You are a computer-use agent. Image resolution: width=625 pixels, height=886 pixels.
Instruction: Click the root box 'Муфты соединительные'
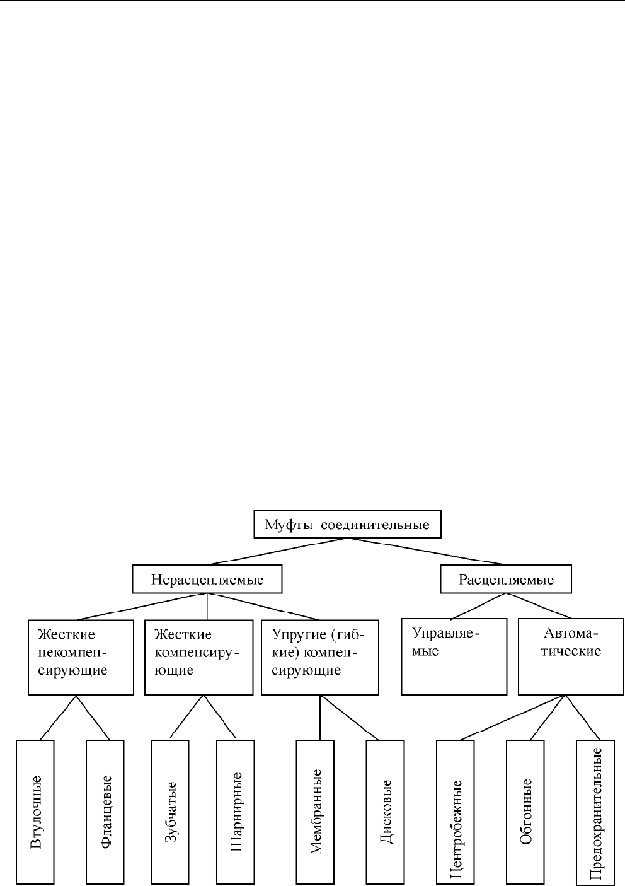pyautogui.click(x=347, y=524)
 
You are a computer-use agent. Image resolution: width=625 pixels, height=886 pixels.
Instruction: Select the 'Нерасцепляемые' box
pyautogui.click(x=207, y=579)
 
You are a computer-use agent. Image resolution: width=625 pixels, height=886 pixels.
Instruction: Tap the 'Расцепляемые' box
pyautogui.click(x=506, y=579)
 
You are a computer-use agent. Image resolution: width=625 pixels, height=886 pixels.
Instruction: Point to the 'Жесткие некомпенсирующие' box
pyautogui.click(x=81, y=657)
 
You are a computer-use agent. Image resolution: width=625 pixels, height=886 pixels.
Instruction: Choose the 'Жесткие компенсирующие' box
pyautogui.click(x=198, y=657)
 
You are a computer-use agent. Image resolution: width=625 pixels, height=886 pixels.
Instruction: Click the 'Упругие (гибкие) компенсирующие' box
pyautogui.click(x=319, y=657)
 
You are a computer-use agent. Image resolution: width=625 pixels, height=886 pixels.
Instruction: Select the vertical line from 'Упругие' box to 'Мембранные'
pyautogui.click(x=320, y=717)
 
